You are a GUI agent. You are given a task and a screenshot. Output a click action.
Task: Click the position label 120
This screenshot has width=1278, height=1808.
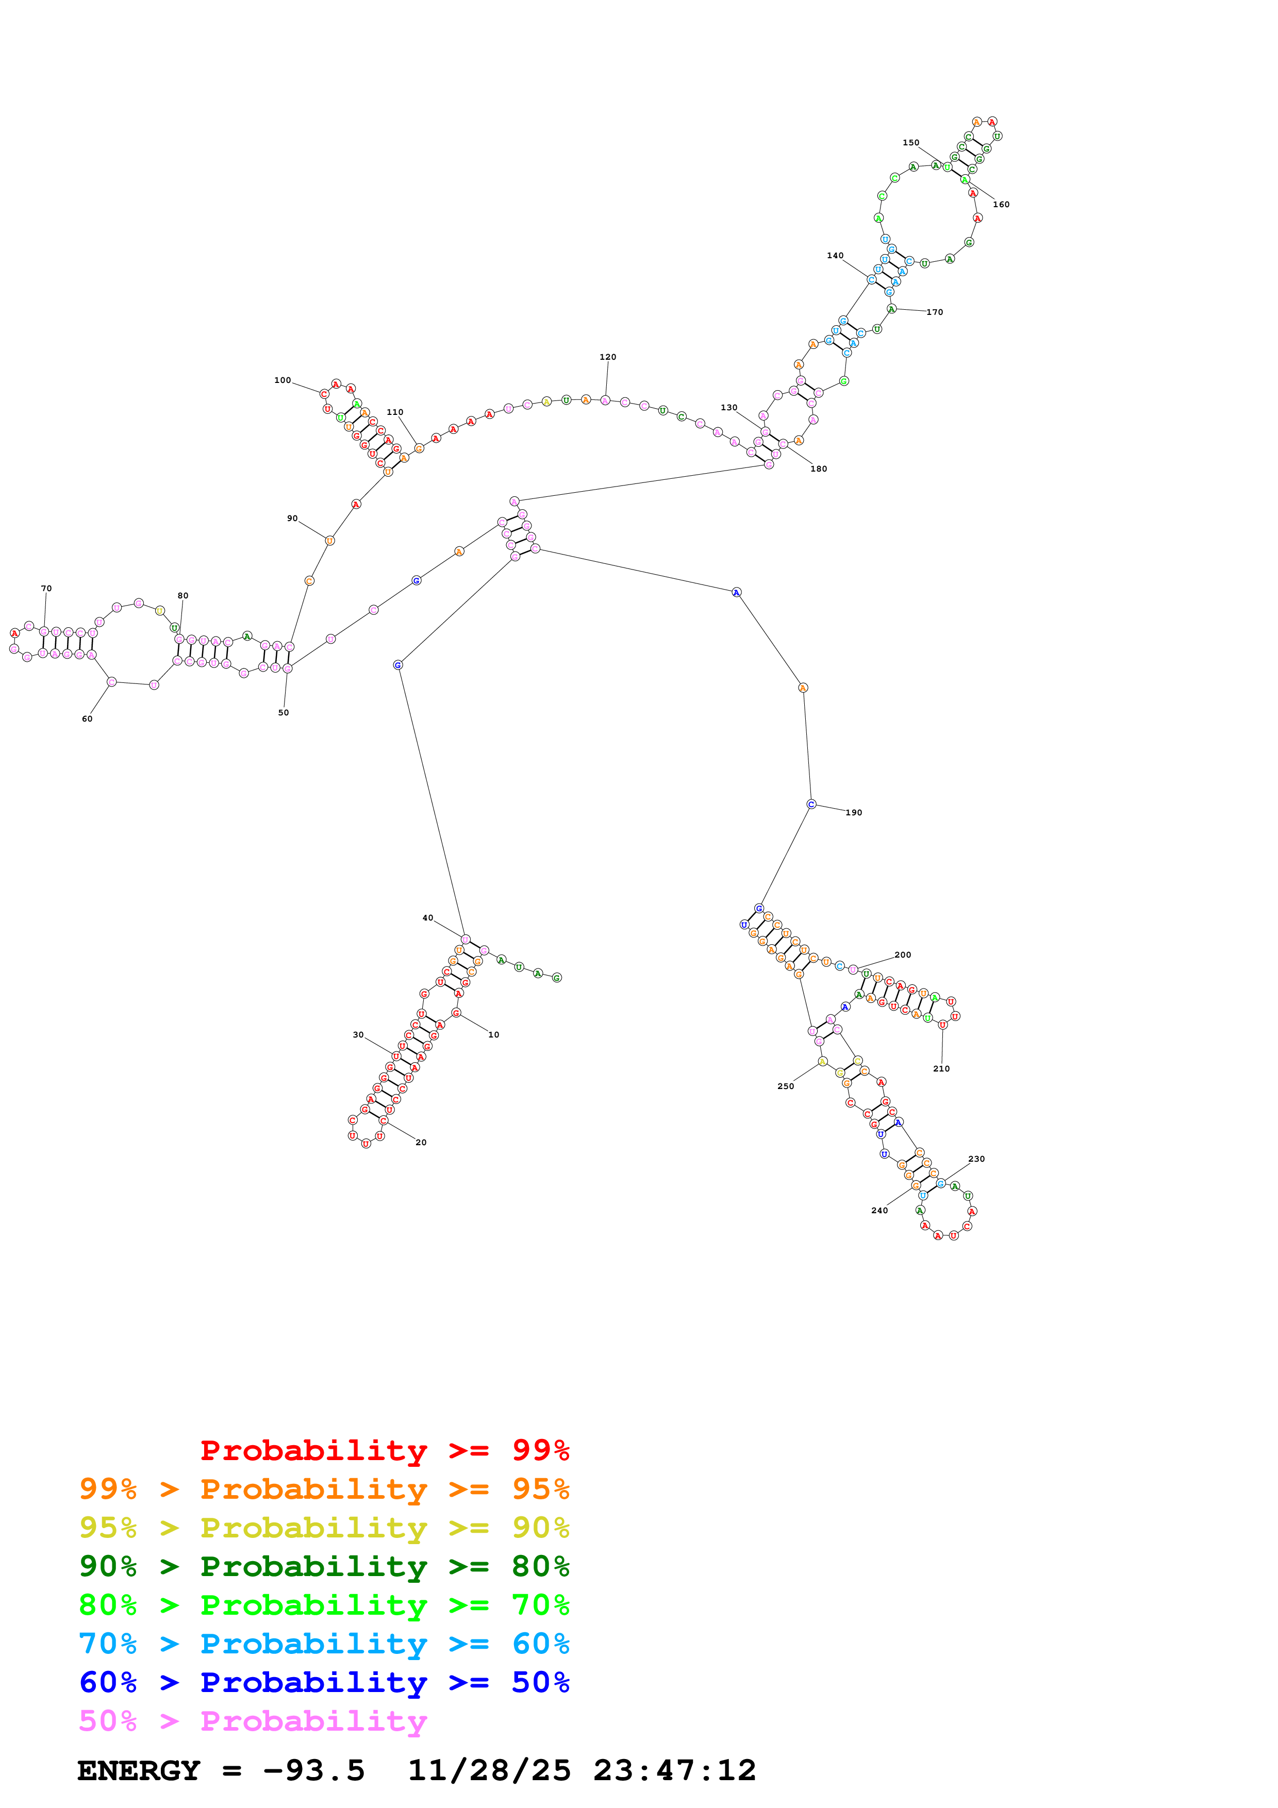tap(607, 357)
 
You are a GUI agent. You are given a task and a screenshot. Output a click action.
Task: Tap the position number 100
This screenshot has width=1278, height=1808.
tap(282, 380)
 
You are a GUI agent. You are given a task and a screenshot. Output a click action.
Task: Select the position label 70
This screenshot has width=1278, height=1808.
tap(46, 588)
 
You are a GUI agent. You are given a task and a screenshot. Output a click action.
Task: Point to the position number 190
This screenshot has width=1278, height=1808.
tap(854, 813)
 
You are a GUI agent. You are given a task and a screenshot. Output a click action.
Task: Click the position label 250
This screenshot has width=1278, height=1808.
tap(785, 1086)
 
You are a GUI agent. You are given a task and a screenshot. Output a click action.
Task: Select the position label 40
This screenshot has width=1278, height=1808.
tap(427, 918)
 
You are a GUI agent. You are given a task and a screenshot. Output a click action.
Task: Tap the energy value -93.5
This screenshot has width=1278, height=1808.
tap(314, 1771)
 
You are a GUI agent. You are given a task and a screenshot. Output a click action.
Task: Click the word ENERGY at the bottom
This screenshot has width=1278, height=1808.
tap(139, 1771)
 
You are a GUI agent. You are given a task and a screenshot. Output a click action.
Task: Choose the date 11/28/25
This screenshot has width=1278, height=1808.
tap(489, 1771)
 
